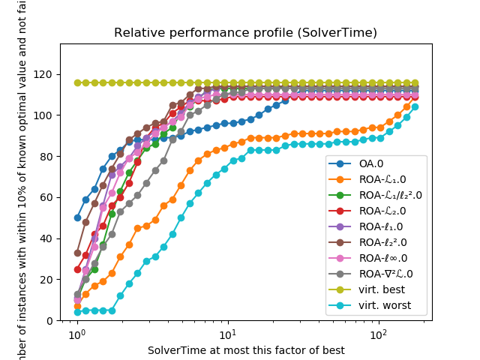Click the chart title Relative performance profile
click(x=245, y=33)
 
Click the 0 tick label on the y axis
click(x=50, y=320)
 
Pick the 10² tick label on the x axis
click(x=379, y=334)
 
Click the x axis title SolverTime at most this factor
click(x=246, y=350)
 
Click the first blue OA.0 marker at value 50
click(x=77, y=218)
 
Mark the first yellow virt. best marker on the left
click(x=77, y=83)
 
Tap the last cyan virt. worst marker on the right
click(x=415, y=107)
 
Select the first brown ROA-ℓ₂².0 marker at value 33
click(x=77, y=253)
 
